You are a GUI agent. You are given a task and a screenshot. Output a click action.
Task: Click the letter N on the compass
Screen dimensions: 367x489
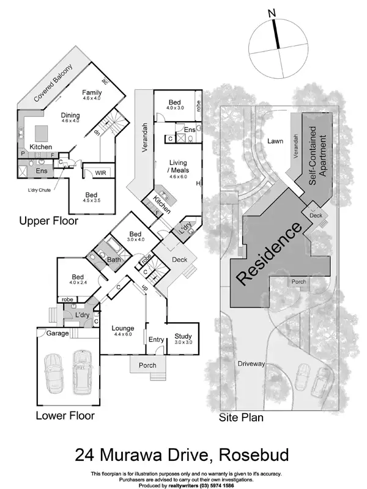pyautogui.click(x=273, y=13)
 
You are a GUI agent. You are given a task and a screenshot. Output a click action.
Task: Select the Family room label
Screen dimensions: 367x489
pyautogui.click(x=92, y=94)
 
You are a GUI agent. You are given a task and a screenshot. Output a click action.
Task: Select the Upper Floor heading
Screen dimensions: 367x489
pyautogui.click(x=48, y=221)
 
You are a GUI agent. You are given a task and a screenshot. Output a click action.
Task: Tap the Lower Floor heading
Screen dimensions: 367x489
pyautogui.click(x=65, y=416)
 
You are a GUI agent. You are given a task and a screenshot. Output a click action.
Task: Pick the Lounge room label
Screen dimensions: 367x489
pyautogui.click(x=123, y=329)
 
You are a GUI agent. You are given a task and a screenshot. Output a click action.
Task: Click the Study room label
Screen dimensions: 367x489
pyautogui.click(x=183, y=336)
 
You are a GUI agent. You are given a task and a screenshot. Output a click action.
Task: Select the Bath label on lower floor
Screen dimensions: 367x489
pyautogui.click(x=114, y=260)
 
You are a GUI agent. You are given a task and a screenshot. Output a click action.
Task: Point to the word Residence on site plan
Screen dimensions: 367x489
pyautogui.click(x=270, y=254)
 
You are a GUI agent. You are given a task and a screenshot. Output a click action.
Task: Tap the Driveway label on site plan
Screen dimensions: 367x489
pyautogui.click(x=252, y=364)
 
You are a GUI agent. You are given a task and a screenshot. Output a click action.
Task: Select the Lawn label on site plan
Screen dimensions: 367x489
pyautogui.click(x=275, y=141)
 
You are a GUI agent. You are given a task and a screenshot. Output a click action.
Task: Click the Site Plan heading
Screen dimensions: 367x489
pyautogui.click(x=241, y=419)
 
